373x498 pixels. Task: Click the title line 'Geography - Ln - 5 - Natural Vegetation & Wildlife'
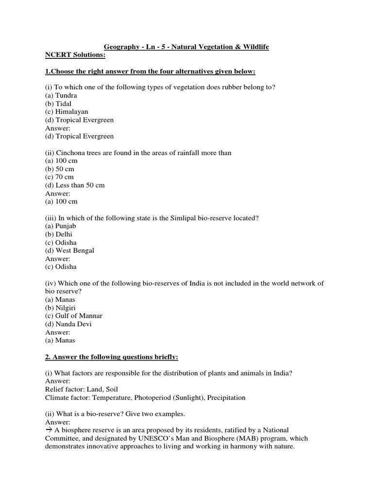(186, 47)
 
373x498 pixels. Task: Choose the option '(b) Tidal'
(58, 104)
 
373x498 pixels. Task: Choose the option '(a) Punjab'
(61, 226)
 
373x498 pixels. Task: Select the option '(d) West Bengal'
(69, 250)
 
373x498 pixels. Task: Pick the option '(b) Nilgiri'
(61, 308)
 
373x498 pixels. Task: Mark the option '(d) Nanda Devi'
(68, 324)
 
